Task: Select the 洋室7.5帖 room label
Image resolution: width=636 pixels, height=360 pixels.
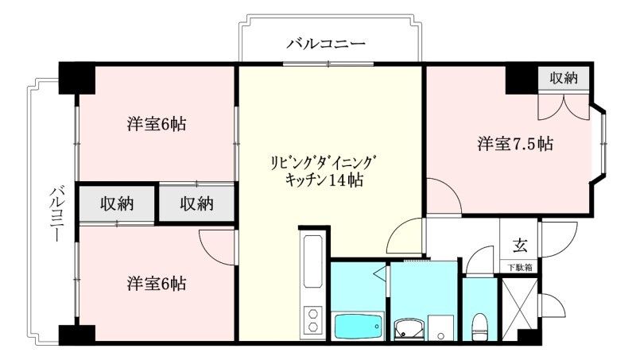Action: pyautogui.click(x=515, y=145)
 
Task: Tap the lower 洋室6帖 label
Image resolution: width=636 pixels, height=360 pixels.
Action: pyautogui.click(x=157, y=283)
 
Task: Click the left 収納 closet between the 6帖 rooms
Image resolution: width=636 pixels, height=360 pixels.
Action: pyautogui.click(x=117, y=203)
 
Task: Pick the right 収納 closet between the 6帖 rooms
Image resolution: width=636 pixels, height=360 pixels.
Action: pyautogui.click(x=196, y=203)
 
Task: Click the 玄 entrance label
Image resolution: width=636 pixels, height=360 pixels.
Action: pyautogui.click(x=518, y=245)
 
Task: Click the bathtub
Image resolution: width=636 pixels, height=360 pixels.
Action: pyautogui.click(x=358, y=326)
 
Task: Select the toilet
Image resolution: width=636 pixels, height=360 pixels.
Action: pyautogui.click(x=479, y=324)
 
